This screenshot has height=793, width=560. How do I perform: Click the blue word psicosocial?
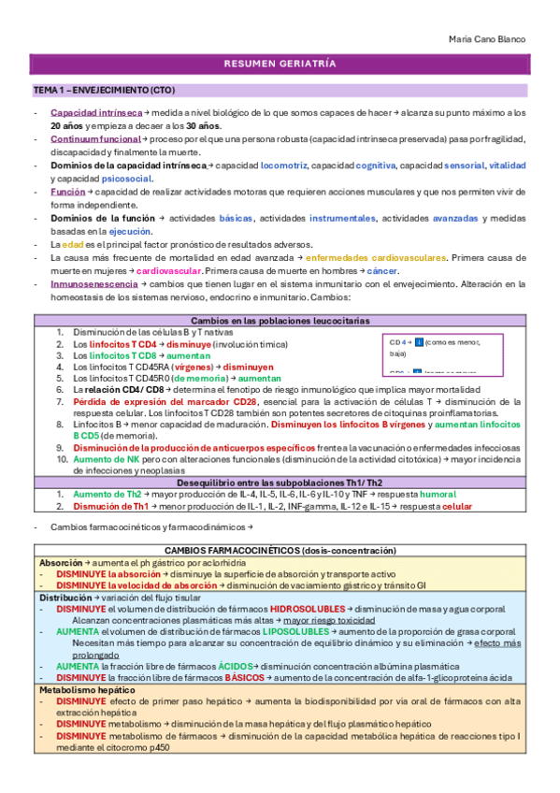(127, 179)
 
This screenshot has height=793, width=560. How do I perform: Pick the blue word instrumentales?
(340, 218)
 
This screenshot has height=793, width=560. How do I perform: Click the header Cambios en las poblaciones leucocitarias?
(280, 321)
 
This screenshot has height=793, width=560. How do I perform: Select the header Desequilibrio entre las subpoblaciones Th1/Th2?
(280, 483)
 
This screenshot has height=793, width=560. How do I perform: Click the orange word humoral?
(438, 494)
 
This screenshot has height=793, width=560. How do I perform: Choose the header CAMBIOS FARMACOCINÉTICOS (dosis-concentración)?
(280, 551)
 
